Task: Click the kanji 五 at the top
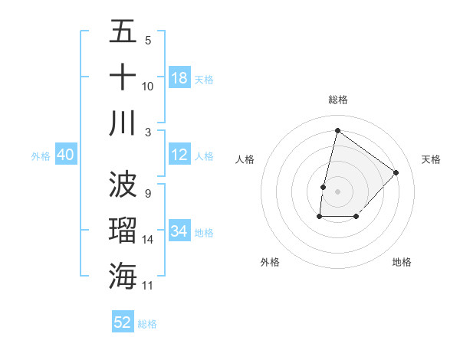(123, 32)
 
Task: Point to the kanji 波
(123, 185)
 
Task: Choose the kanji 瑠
(123, 231)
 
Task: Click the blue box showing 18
(179, 78)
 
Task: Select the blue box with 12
(179, 155)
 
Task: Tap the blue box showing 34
(179, 231)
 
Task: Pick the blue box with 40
(65, 155)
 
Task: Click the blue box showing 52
(123, 322)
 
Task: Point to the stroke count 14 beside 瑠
(148, 240)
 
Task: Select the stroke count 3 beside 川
(147, 132)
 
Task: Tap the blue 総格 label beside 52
(147, 324)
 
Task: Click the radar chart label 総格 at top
(337, 100)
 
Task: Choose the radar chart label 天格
(432, 159)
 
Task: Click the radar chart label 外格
(269, 262)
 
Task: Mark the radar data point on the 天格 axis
(396, 172)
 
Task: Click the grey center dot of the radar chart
(337, 191)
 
